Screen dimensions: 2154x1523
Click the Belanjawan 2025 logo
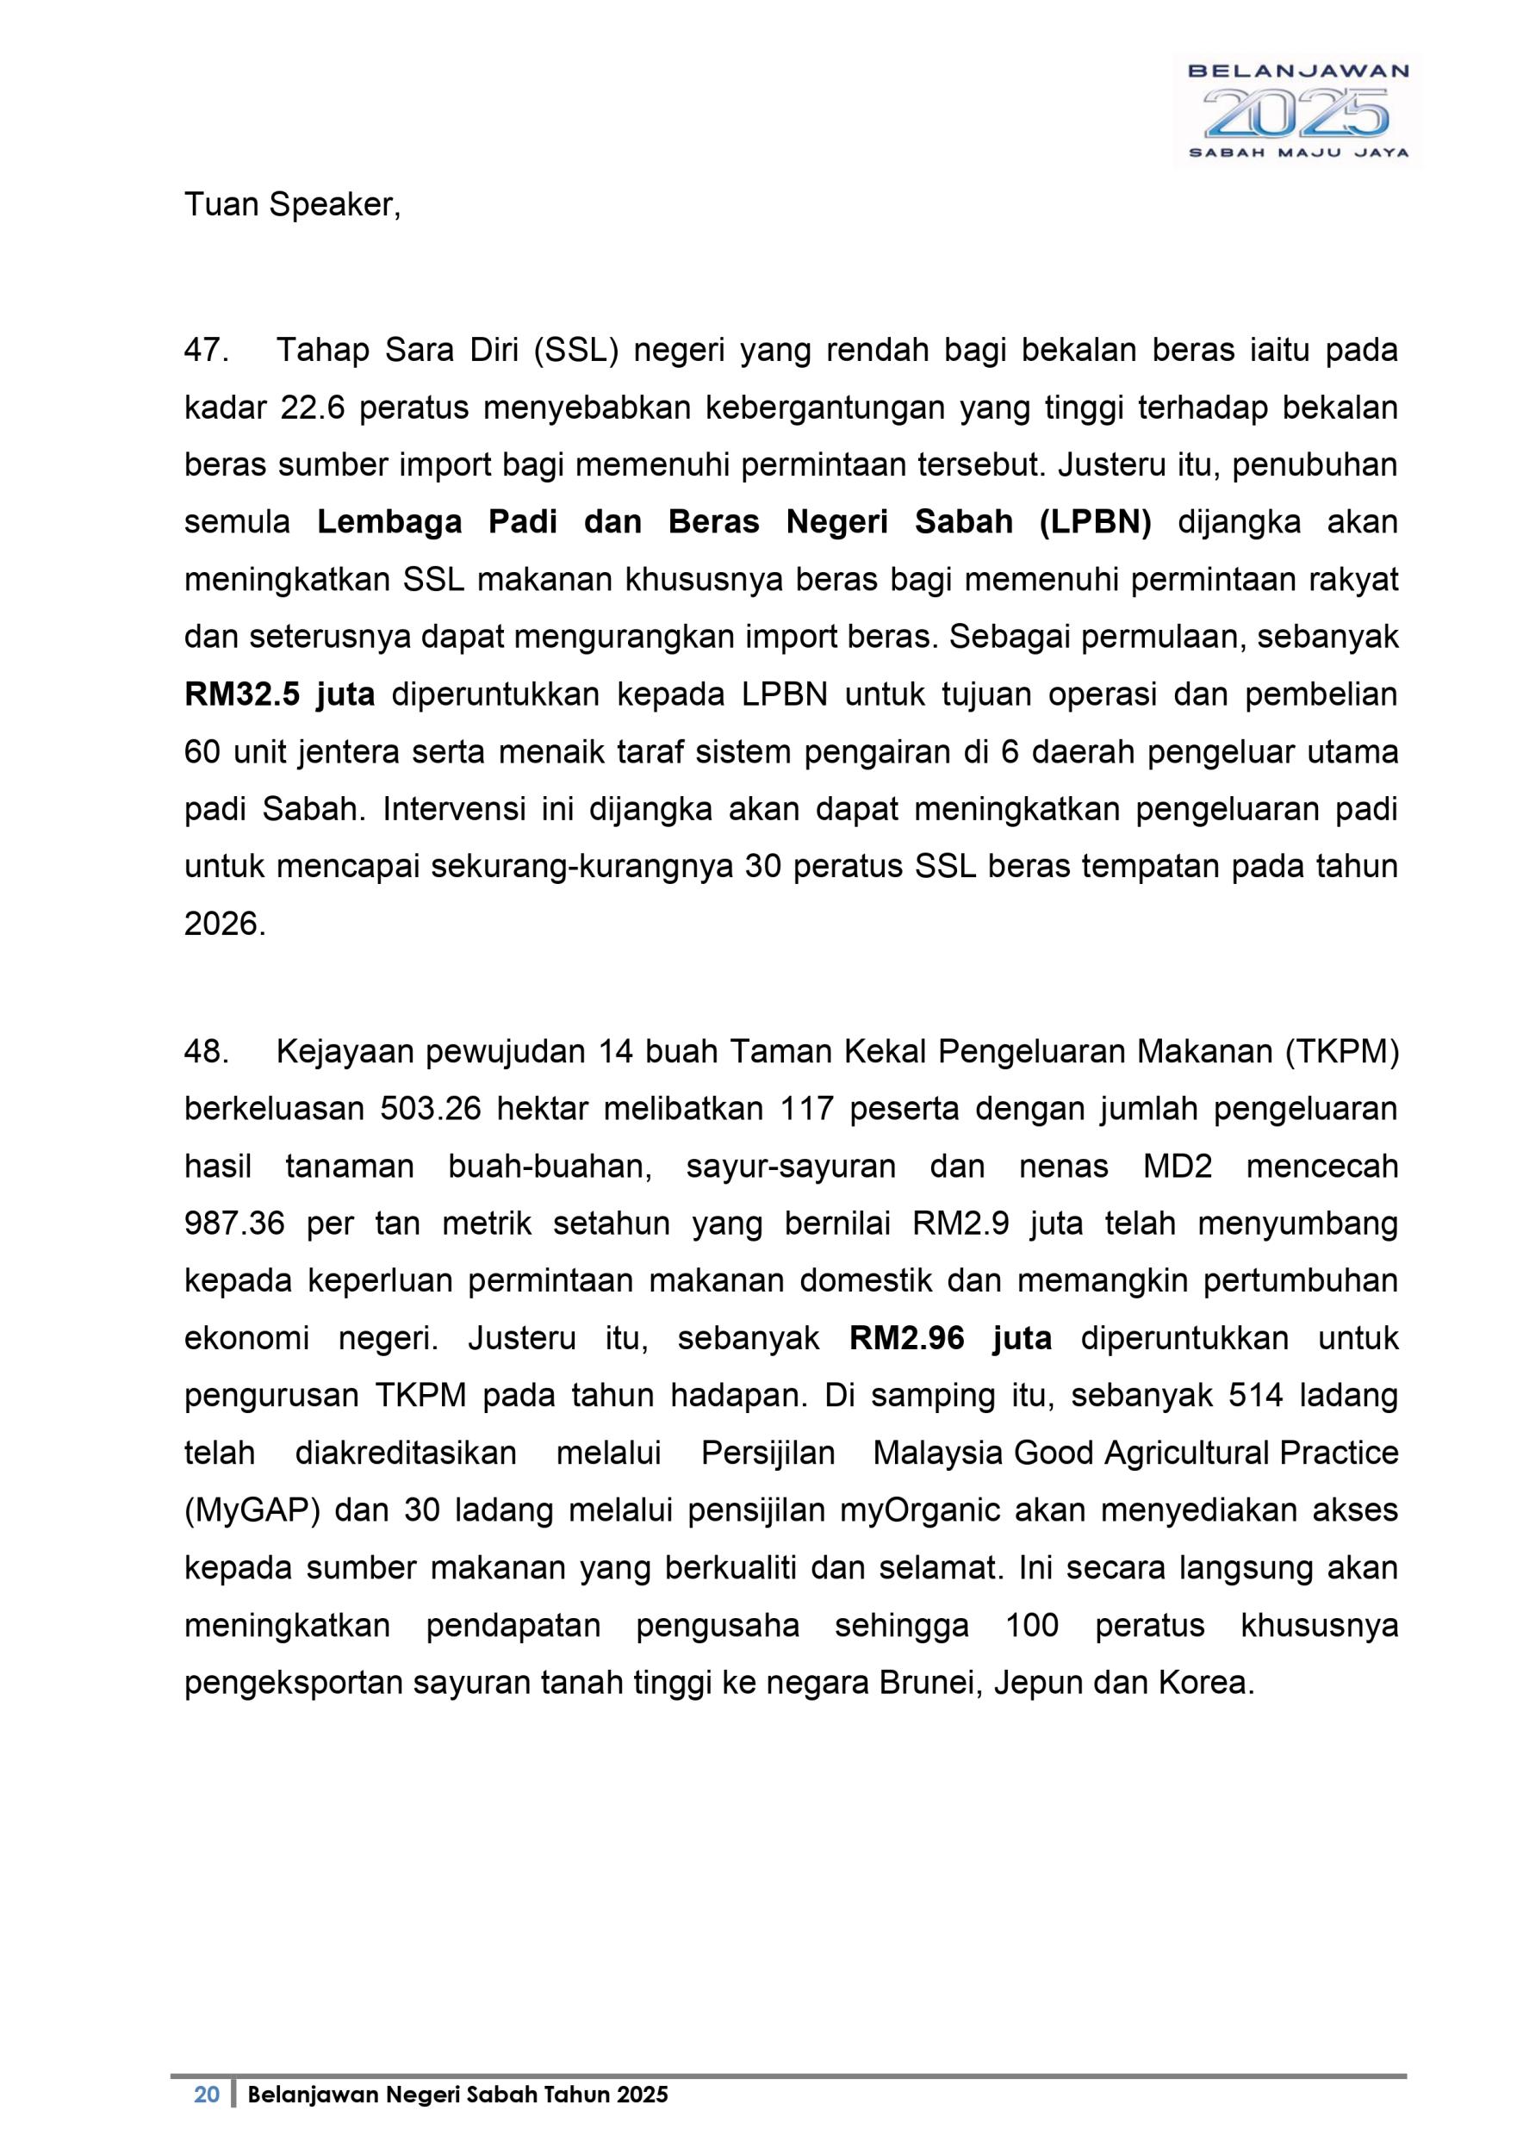(x=1298, y=110)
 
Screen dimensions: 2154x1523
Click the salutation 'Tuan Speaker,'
(x=292, y=204)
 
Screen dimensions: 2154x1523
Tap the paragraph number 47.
(x=207, y=351)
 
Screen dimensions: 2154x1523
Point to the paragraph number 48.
(x=207, y=1053)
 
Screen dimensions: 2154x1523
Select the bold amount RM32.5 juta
(x=279, y=695)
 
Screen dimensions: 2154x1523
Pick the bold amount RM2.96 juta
(x=950, y=1339)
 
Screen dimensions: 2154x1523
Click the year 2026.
(x=223, y=925)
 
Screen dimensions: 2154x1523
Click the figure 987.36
(x=233, y=1224)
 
